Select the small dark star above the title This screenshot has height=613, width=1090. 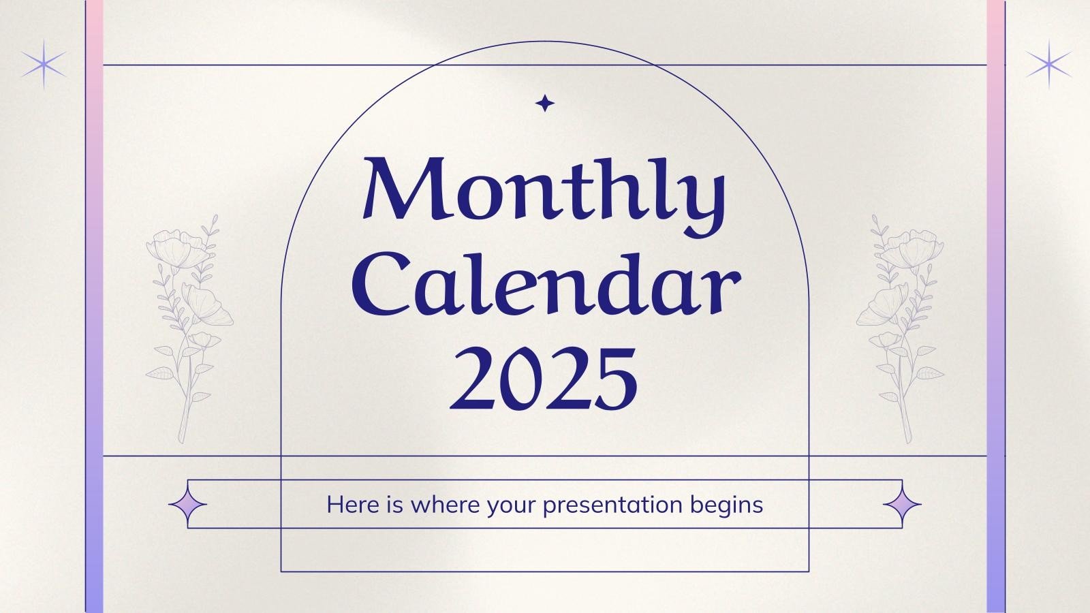click(544, 104)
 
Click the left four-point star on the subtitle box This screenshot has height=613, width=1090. click(187, 505)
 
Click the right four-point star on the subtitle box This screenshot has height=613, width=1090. click(902, 505)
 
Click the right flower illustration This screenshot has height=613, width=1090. click(900, 327)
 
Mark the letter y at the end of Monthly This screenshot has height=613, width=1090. click(702, 198)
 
